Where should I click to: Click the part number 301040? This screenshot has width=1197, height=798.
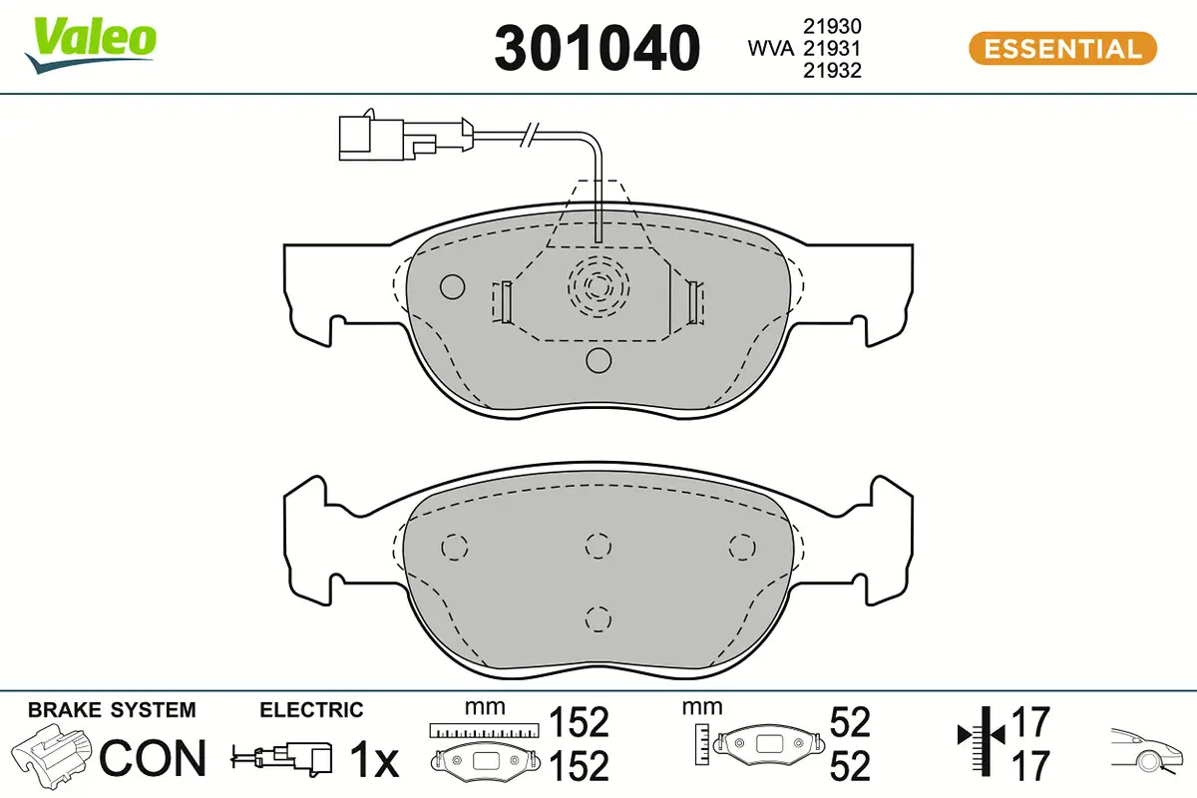(x=598, y=48)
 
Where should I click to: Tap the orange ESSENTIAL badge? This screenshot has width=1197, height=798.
(x=1062, y=48)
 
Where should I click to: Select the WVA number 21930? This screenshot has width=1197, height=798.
(x=832, y=26)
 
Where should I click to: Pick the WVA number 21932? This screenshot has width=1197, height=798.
(x=832, y=70)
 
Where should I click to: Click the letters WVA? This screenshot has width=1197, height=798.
(x=770, y=48)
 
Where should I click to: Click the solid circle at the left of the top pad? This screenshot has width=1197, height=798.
(x=453, y=287)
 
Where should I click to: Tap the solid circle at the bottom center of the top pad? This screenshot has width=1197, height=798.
(x=598, y=360)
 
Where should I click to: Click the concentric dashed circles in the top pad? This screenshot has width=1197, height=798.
(x=598, y=287)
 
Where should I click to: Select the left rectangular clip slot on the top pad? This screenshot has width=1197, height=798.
(x=502, y=302)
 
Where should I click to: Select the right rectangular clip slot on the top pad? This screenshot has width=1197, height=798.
(x=694, y=302)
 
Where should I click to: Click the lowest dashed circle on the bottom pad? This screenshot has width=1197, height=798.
(x=598, y=618)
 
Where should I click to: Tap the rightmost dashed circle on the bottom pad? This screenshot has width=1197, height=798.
(x=740, y=546)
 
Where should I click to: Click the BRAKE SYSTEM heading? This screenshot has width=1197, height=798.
(x=112, y=710)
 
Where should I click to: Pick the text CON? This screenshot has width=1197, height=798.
(x=153, y=759)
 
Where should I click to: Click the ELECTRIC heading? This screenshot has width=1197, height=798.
(x=311, y=710)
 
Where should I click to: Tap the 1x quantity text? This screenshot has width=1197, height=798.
(x=374, y=761)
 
